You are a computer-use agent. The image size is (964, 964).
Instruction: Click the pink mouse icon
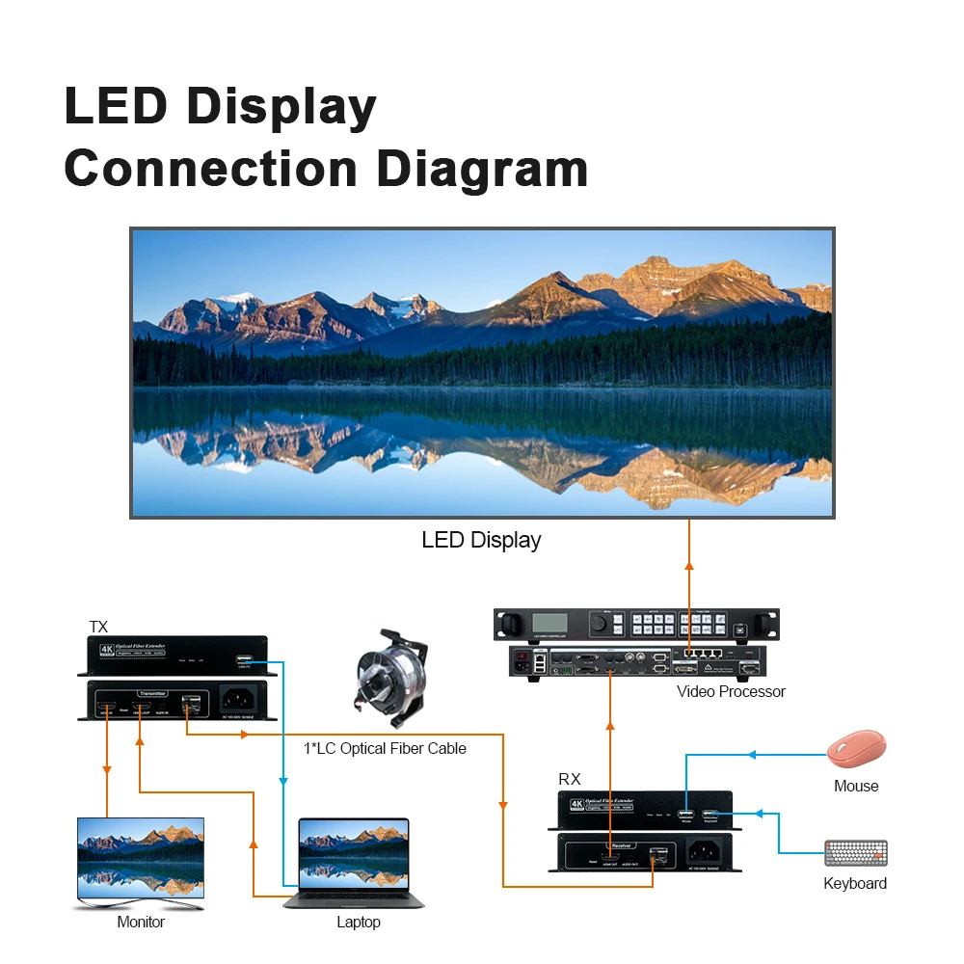(856, 749)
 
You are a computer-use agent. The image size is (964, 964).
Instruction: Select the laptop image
(355, 862)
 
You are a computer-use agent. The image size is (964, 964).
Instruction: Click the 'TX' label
(98, 627)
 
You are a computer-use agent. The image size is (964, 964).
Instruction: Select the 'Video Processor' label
(731, 691)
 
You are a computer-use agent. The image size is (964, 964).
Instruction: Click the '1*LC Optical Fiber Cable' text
(385, 748)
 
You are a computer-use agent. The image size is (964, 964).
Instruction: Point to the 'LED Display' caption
(481, 540)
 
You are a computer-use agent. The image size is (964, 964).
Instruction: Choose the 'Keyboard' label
(855, 883)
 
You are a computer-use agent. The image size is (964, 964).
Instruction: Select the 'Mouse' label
(856, 786)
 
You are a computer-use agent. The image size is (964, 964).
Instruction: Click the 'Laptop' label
(359, 923)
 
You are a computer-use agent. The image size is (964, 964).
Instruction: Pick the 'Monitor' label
(141, 923)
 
